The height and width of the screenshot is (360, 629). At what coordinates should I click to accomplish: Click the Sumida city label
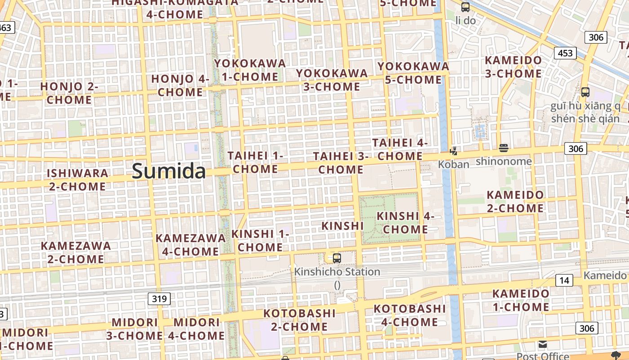(x=169, y=171)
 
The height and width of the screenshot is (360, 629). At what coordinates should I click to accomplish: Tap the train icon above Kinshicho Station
(x=337, y=258)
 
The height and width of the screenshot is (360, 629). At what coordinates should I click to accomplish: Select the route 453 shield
(x=565, y=53)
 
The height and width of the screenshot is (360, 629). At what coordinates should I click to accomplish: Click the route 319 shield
(x=159, y=298)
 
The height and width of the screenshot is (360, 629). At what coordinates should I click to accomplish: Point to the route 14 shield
(x=564, y=281)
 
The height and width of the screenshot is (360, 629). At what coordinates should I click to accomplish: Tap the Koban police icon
(x=454, y=151)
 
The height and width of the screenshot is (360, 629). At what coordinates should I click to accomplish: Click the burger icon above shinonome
(x=503, y=148)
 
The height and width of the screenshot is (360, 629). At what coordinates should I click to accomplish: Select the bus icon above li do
(x=465, y=7)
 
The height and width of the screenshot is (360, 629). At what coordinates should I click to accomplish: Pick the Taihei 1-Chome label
(x=256, y=162)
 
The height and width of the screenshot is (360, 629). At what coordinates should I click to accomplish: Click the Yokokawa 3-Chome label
(x=332, y=80)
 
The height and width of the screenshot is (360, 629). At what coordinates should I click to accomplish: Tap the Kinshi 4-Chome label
(x=405, y=222)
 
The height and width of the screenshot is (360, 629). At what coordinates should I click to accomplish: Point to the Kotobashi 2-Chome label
(x=299, y=319)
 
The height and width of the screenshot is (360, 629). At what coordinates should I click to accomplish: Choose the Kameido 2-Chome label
(x=515, y=202)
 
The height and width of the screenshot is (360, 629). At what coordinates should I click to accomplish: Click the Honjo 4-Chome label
(x=181, y=85)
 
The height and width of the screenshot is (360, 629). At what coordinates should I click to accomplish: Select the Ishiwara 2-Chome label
(x=78, y=180)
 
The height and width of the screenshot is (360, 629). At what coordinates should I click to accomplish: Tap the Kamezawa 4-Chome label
(x=190, y=244)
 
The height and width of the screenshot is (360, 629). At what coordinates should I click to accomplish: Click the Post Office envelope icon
(x=543, y=345)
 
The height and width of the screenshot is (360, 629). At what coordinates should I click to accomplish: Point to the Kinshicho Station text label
(x=337, y=272)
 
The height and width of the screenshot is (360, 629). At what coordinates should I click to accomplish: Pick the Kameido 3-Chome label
(x=513, y=67)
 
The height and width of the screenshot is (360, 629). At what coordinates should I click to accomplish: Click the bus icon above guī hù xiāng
(x=585, y=92)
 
